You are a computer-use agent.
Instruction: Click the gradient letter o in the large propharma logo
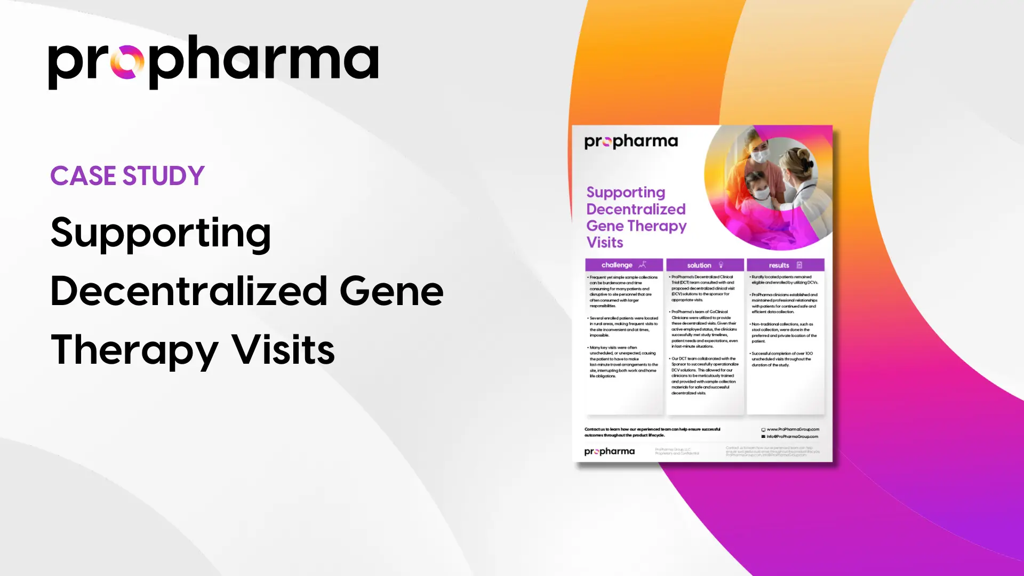point(127,62)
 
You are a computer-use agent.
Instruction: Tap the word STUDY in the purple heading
point(164,176)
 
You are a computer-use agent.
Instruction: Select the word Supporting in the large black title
point(161,234)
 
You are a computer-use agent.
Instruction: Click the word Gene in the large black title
point(391,291)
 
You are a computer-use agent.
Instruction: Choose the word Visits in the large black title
point(283,350)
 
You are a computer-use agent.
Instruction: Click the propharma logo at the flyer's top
point(631,141)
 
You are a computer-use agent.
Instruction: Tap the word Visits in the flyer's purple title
point(605,243)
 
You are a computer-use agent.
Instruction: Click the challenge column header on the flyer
point(617,265)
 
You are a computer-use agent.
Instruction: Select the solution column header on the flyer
point(699,265)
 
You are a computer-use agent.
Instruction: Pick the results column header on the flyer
point(779,265)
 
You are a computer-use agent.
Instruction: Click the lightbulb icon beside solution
point(721,265)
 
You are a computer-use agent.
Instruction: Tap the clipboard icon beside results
point(799,265)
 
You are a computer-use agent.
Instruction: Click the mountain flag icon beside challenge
point(643,265)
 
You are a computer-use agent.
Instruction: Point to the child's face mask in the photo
point(762,193)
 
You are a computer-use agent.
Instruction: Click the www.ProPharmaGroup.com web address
point(793,429)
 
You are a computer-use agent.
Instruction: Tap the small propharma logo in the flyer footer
point(610,452)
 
